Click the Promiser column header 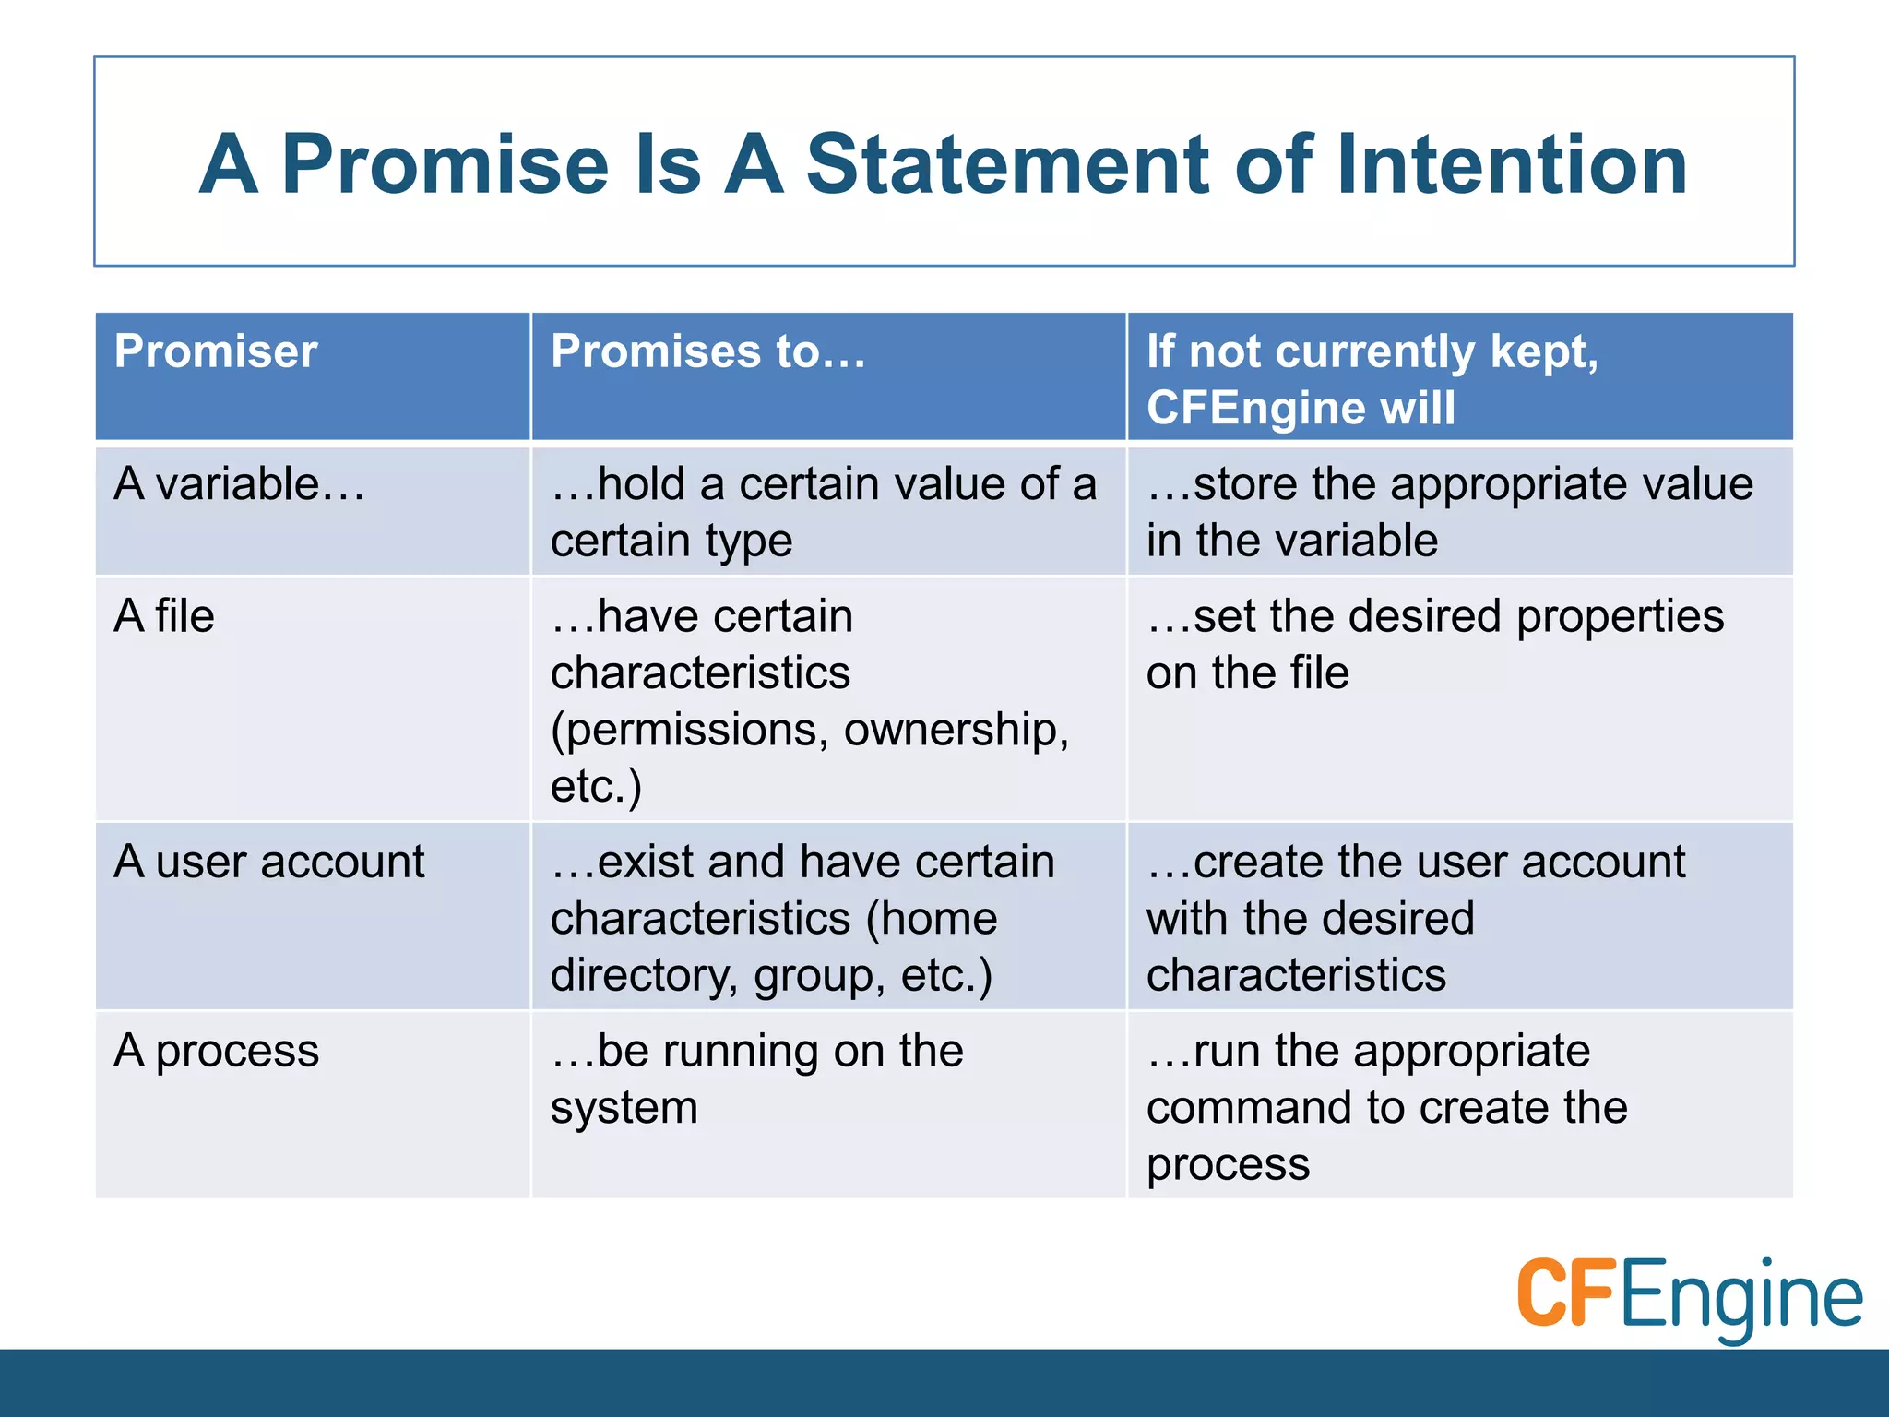(216, 351)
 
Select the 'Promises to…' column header (707, 351)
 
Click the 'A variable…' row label (239, 484)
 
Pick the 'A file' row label (164, 616)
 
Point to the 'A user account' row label (269, 863)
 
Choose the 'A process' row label (217, 1052)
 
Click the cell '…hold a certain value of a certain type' (823, 512)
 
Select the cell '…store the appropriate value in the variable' (1449, 512)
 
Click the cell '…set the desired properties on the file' (1434, 644)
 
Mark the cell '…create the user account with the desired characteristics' (1415, 918)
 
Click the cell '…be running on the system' (756, 1078)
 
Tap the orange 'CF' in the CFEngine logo (1565, 1293)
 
